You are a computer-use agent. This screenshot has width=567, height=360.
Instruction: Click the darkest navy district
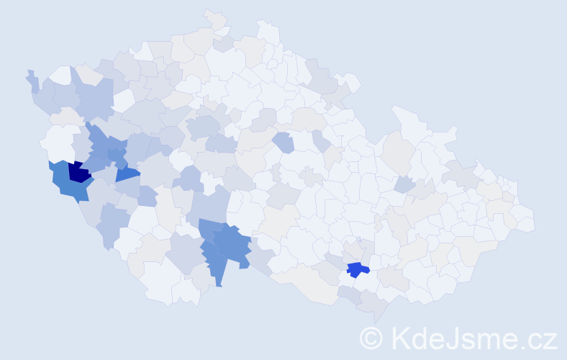(79, 173)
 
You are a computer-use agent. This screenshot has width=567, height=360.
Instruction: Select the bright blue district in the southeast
(355, 269)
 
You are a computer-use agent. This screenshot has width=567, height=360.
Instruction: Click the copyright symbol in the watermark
(371, 338)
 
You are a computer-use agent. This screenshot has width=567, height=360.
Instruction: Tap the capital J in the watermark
(458, 338)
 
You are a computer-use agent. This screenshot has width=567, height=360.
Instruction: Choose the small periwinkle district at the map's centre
(283, 142)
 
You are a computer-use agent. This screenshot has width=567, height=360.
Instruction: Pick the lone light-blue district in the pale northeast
(404, 184)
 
